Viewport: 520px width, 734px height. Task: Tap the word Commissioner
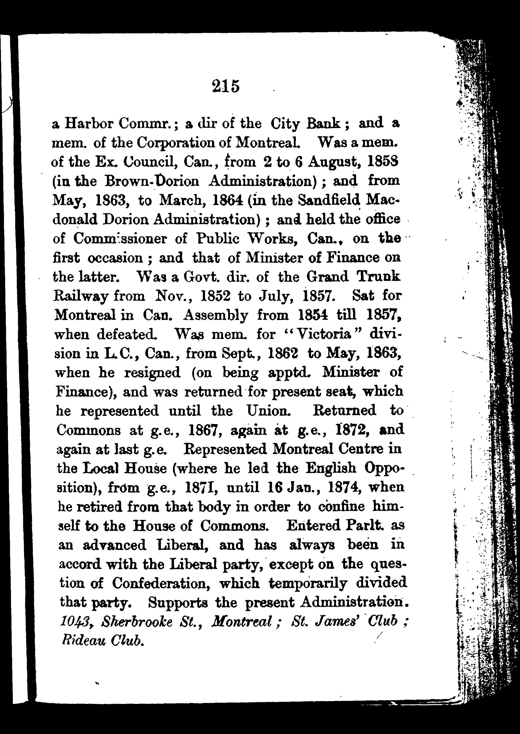click(120, 239)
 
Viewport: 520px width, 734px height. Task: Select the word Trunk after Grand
click(379, 277)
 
